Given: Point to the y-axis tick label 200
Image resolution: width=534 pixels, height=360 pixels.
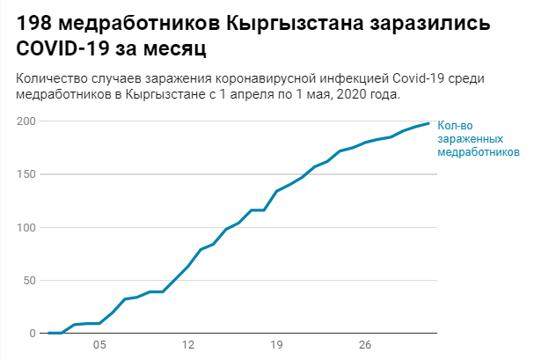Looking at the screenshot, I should (26, 121).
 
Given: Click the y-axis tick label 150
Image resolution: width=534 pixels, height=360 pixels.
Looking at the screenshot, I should (26, 174).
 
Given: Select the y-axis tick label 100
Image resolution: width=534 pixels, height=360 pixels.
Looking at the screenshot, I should (26, 227).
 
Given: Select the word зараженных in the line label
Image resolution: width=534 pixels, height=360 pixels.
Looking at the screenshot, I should (470, 139).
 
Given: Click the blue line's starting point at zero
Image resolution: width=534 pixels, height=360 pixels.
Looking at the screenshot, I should (48, 333).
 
